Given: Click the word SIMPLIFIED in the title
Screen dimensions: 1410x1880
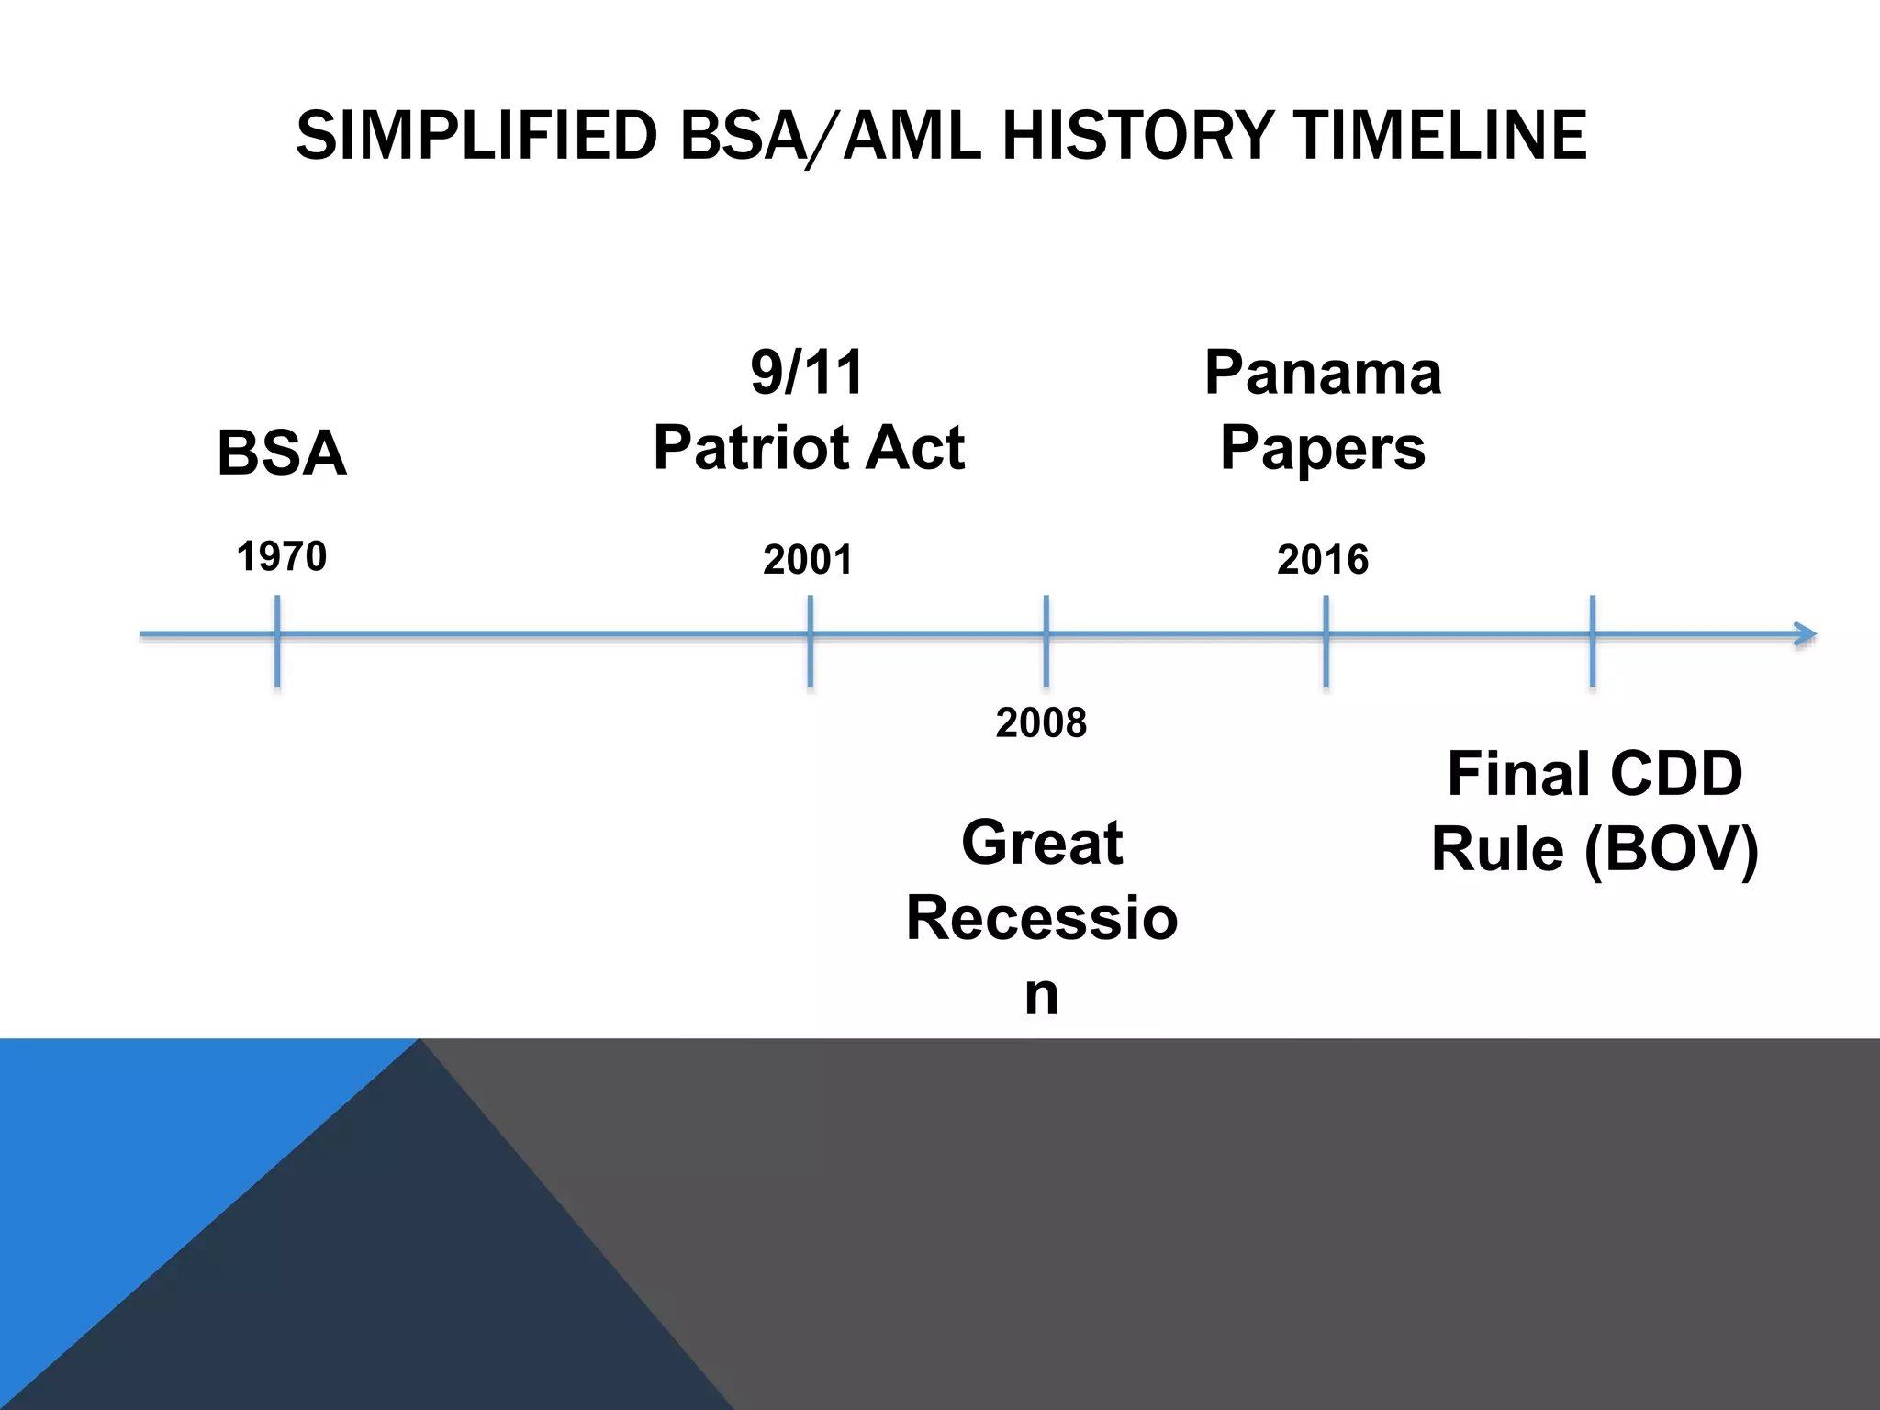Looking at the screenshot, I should (476, 136).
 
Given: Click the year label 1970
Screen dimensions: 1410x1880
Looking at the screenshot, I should (282, 557).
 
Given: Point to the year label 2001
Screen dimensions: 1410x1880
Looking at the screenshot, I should (808, 560).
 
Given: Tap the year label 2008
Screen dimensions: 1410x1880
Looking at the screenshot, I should (1041, 723).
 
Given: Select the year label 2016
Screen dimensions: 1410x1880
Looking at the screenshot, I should (1323, 560).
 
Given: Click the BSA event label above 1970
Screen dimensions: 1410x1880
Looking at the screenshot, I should (282, 453).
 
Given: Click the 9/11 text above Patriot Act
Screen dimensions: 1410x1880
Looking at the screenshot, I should (807, 373).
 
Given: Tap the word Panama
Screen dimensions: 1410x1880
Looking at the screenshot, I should (1323, 373).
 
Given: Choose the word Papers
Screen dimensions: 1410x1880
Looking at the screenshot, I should (1323, 448).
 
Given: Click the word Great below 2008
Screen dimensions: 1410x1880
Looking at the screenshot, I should (1042, 842).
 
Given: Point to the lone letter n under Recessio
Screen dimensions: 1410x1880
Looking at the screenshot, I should (1042, 994).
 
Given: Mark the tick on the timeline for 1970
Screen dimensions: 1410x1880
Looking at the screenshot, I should (277, 640).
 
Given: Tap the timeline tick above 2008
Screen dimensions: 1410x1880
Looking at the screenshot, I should (1046, 640).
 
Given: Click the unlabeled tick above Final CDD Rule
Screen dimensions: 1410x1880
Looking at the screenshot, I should (1593, 640).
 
